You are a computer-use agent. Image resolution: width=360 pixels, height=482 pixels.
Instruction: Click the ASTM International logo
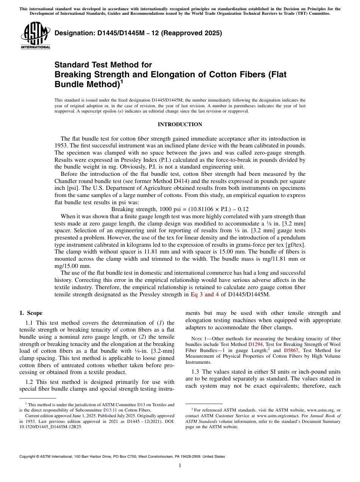(x=35, y=36)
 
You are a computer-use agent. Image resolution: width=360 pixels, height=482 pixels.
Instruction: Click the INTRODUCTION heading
(x=180, y=125)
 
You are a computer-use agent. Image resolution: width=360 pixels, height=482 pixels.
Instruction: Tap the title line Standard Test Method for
(x=103, y=65)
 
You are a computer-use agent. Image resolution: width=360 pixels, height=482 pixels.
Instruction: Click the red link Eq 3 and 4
(x=205, y=294)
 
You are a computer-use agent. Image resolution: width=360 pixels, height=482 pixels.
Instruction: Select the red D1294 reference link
(x=255, y=345)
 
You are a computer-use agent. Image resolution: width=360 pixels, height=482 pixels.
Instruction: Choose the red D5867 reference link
(x=291, y=351)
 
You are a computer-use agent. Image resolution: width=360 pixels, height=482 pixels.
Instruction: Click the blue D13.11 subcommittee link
(x=110, y=410)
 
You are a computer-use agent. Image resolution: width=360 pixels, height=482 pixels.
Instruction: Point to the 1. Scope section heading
(x=31, y=313)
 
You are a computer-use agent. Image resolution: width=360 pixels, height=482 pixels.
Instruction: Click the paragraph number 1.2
(x=29, y=382)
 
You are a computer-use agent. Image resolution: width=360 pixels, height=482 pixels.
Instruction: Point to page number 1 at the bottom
(x=180, y=465)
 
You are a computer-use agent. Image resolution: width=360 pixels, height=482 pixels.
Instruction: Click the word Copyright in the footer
(x=28, y=457)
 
